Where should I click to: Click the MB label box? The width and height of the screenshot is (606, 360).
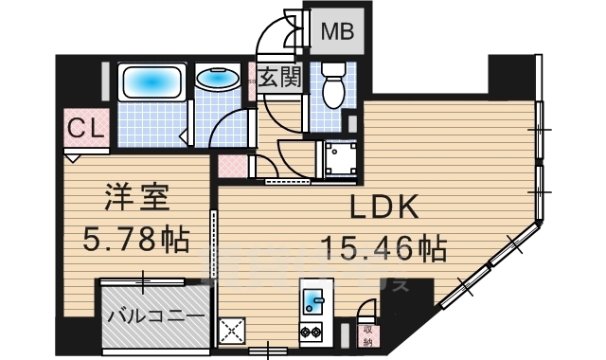pos(334,31)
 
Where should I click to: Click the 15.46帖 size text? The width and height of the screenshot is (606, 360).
pos(383,250)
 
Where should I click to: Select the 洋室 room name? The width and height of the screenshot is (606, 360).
pos(135,201)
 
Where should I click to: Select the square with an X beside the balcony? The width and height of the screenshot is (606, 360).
pos(232,332)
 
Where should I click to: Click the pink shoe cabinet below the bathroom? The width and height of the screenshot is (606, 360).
pos(232,167)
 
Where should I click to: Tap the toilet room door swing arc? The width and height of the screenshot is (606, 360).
pos(284,118)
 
